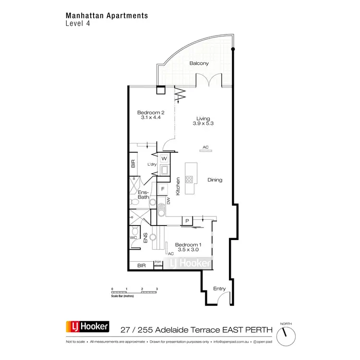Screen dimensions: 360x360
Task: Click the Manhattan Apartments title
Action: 107,15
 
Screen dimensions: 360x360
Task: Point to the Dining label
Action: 215,180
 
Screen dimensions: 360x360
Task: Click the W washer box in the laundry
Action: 164,158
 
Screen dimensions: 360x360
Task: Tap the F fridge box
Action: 163,189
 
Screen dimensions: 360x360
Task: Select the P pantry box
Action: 186,221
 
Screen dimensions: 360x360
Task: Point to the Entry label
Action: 219,288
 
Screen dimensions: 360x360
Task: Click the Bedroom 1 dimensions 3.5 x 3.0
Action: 188,250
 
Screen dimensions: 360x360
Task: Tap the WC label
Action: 133,237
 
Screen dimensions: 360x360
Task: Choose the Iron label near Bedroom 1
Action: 157,262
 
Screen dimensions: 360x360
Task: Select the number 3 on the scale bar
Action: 156,289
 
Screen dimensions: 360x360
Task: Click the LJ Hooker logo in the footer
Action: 87,327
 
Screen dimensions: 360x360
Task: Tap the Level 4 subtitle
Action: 77,24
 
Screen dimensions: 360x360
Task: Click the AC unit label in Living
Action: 205,147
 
